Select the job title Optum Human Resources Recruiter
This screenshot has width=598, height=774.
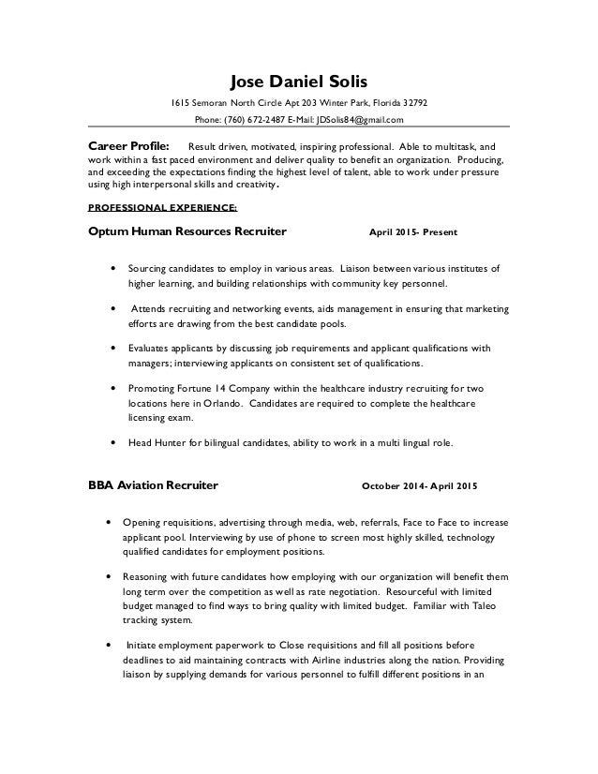point(187,230)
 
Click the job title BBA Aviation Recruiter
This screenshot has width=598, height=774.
point(153,485)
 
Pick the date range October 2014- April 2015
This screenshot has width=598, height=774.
point(419,486)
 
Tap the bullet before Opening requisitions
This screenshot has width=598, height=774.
point(113,519)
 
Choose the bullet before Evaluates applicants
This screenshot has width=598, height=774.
point(113,347)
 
